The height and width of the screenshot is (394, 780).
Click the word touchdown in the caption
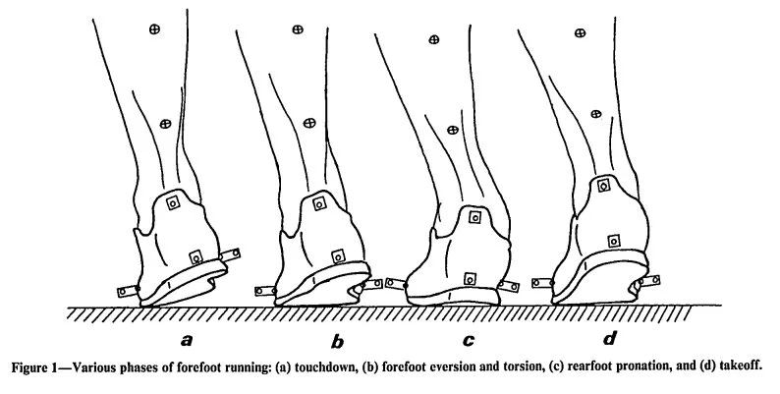pyautogui.click(x=333, y=368)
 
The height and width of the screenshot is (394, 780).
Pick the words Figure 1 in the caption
pyautogui.click(x=38, y=368)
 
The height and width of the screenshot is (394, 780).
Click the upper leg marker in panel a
pyautogui.click(x=153, y=30)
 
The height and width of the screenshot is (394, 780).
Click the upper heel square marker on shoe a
pyautogui.click(x=173, y=203)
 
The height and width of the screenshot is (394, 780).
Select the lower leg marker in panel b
pyautogui.click(x=309, y=123)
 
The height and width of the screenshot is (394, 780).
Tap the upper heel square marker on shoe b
pyautogui.click(x=318, y=203)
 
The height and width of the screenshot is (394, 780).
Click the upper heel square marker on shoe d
pyautogui.click(x=603, y=185)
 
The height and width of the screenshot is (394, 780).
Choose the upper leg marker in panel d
pyautogui.click(x=577, y=34)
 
